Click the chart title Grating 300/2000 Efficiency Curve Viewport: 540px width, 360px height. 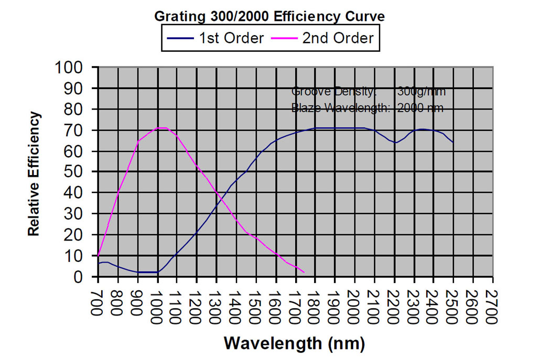[x=269, y=16]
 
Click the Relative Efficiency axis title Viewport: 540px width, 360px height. [x=34, y=173]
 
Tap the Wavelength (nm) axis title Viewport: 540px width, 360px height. [x=294, y=343]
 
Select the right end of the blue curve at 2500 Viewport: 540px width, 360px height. [x=453, y=142]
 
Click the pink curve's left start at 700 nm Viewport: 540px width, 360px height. [x=98, y=256]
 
